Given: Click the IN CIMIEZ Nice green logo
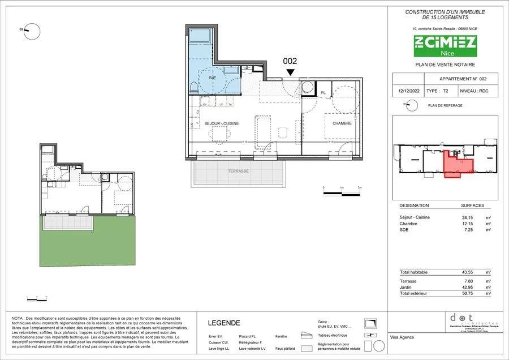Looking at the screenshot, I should [x=445, y=45].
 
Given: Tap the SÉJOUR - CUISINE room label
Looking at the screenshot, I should [x=222, y=123].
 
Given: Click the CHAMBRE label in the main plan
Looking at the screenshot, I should [x=342, y=123].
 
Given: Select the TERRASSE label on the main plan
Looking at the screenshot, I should [x=238, y=170].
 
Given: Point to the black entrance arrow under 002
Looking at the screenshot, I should [x=290, y=72].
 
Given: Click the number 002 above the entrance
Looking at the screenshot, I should [x=290, y=61].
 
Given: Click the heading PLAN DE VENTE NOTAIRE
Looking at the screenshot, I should [x=445, y=66].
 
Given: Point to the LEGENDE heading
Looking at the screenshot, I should [x=224, y=323].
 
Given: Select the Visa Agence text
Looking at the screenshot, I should [x=402, y=338].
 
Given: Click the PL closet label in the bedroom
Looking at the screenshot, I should [x=323, y=92].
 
